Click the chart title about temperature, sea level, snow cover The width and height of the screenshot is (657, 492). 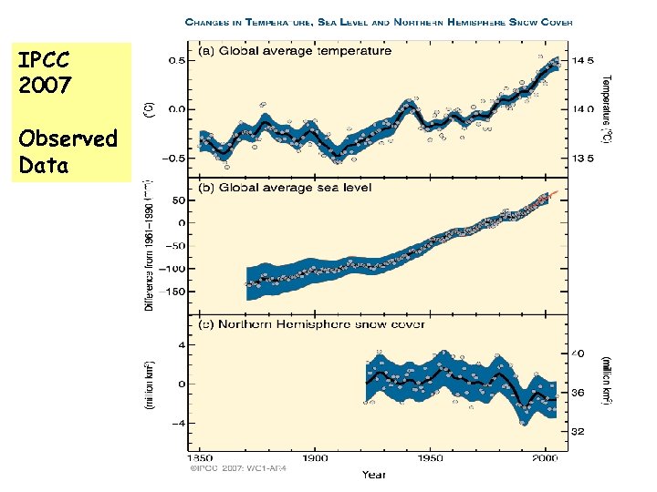click(379, 22)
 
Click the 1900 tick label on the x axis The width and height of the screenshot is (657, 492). click(316, 458)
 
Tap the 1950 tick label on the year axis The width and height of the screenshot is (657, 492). click(432, 458)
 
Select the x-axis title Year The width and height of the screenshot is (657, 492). click(374, 475)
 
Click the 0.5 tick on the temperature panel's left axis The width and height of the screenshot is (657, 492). click(179, 61)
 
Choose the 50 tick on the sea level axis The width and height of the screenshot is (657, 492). click(181, 200)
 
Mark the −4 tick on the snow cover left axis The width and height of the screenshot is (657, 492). click(181, 423)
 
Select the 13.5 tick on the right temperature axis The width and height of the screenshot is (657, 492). click(582, 158)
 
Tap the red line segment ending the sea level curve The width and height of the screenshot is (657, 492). click(548, 196)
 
